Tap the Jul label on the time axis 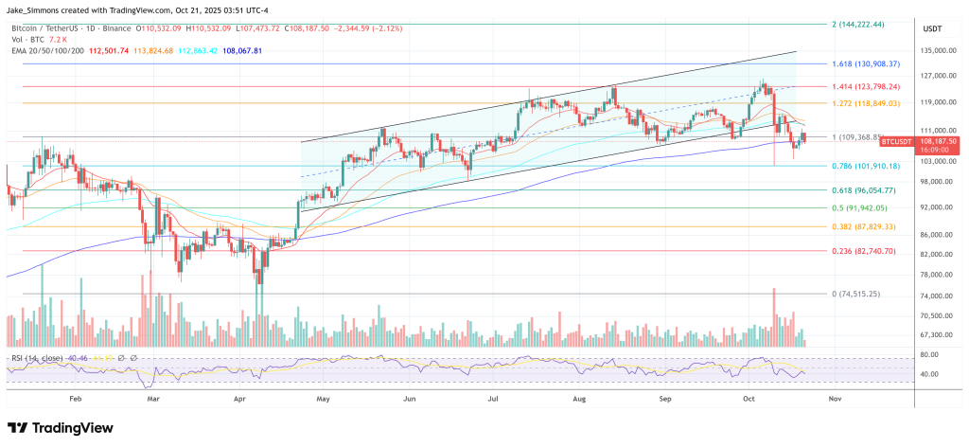pos(493,400)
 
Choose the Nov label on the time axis pos(834,400)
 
